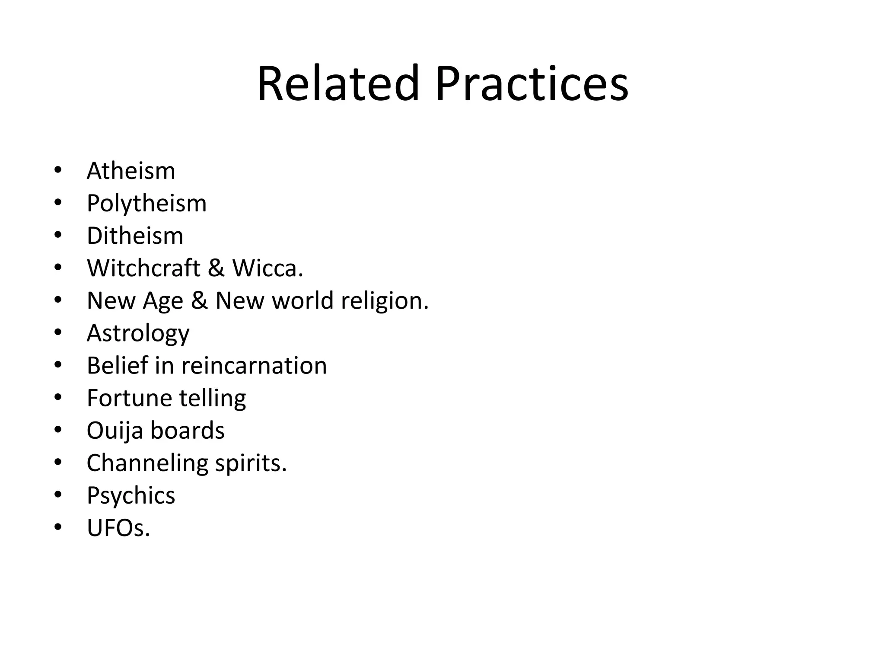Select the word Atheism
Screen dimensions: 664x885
pyautogui.click(x=131, y=171)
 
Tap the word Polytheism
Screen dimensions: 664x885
pyautogui.click(x=146, y=203)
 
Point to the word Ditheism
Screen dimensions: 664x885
pyautogui.click(x=135, y=236)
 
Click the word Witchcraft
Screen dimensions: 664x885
pyautogui.click(x=143, y=268)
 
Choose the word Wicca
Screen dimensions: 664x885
pyautogui.click(x=267, y=268)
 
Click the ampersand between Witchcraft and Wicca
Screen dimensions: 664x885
pyautogui.click(x=216, y=268)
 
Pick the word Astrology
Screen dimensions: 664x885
pyautogui.click(x=138, y=333)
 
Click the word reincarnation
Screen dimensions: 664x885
pyautogui.click(x=254, y=366)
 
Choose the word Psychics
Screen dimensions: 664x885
pyautogui.click(x=131, y=496)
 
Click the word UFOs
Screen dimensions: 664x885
pyautogui.click(x=118, y=528)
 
